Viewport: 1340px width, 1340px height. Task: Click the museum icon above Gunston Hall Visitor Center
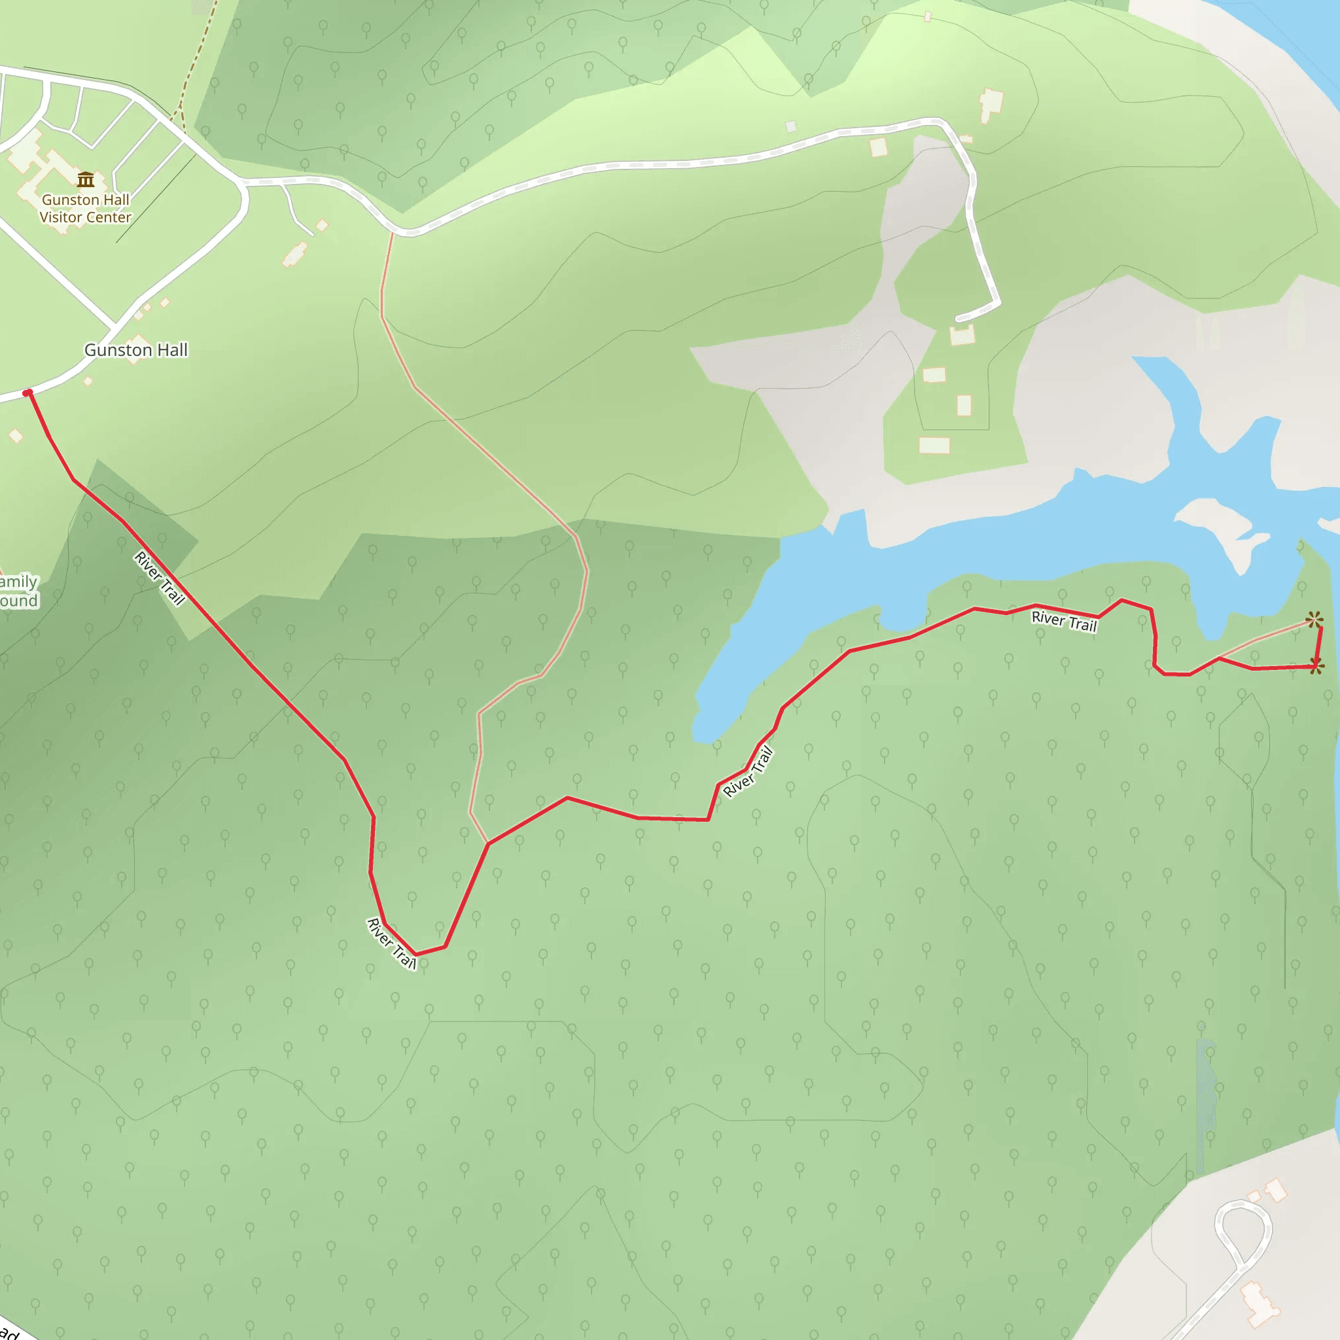(x=86, y=181)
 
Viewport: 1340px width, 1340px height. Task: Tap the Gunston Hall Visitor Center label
(x=85, y=208)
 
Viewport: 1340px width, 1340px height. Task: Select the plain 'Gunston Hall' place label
(x=136, y=350)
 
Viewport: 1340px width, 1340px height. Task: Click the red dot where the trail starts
(x=27, y=393)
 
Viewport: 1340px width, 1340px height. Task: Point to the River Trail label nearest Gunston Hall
(x=160, y=578)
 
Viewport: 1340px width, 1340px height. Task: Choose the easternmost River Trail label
(x=1064, y=621)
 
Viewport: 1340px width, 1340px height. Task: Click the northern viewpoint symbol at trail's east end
(x=1314, y=620)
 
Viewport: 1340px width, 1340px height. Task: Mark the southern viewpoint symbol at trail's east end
(x=1316, y=667)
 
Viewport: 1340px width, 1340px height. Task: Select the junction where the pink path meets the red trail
(x=488, y=843)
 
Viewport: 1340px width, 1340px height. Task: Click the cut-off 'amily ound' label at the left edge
(x=19, y=591)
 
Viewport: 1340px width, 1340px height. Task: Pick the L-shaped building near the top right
(x=991, y=104)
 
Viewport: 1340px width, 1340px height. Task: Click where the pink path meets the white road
(x=393, y=232)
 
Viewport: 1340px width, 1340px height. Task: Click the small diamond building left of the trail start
(x=16, y=436)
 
